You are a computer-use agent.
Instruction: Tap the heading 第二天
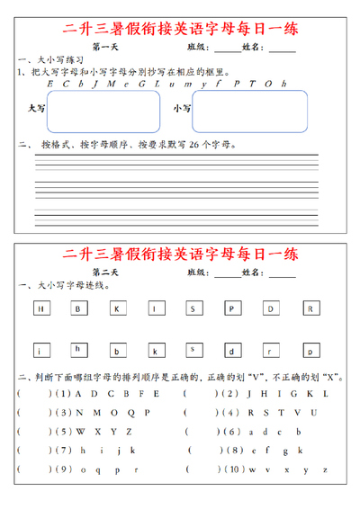point(105,271)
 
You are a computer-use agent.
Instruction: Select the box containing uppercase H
point(40,308)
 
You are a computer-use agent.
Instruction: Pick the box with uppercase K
point(116,308)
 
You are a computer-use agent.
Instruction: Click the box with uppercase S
point(193,308)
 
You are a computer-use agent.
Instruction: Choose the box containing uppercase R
point(310,308)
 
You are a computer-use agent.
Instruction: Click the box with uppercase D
point(271,308)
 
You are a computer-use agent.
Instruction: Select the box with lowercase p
point(310,350)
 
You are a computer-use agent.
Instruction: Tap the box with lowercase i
point(40,350)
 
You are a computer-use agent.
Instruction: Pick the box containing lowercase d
point(232,350)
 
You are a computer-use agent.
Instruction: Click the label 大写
point(36,107)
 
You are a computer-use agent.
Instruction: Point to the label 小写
point(182,108)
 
